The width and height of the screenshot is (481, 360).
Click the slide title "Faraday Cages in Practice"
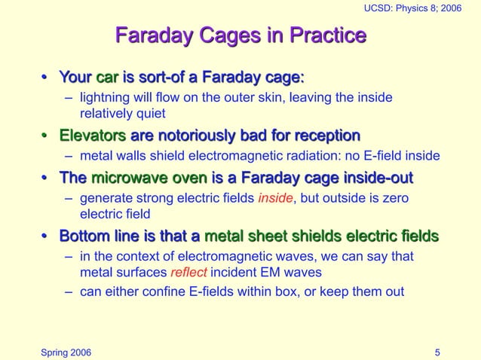click(240, 35)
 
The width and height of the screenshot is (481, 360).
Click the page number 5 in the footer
click(438, 352)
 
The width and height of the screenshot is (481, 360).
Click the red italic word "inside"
click(273, 199)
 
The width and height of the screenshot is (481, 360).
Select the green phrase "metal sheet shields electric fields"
click(322, 236)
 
